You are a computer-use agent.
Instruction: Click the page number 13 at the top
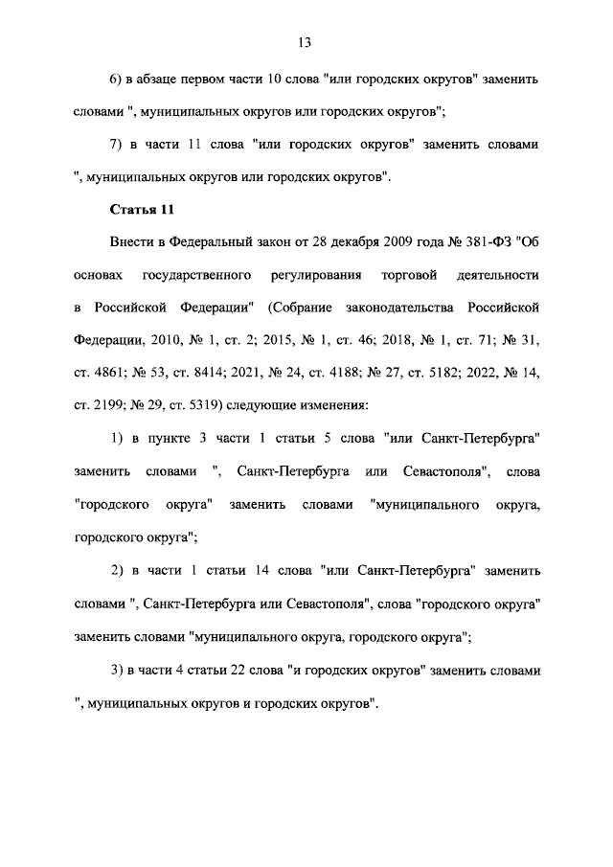[306, 42]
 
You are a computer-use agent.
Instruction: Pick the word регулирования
[313, 276]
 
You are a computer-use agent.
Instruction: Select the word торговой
[410, 276]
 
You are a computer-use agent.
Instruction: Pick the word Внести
[130, 242]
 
